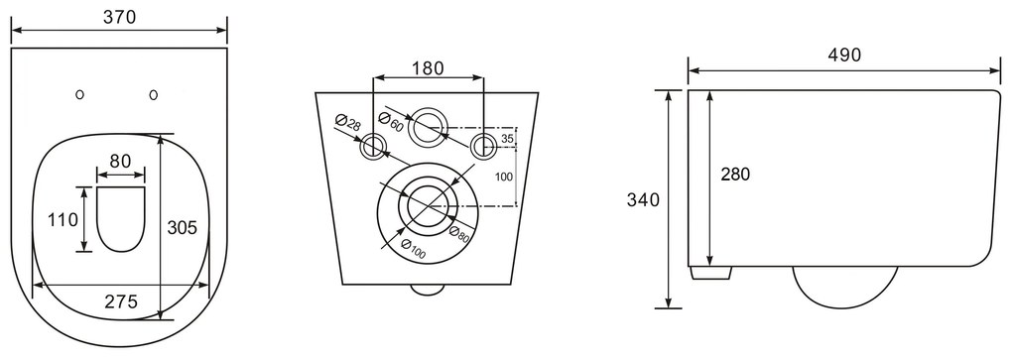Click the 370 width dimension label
click(119, 18)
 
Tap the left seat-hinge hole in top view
click(79, 95)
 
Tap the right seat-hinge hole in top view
click(154, 95)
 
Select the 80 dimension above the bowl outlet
click(120, 161)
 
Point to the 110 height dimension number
click(63, 220)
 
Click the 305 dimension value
click(182, 227)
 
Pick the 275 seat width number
click(121, 301)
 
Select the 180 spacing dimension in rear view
click(429, 68)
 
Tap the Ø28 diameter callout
click(348, 123)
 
